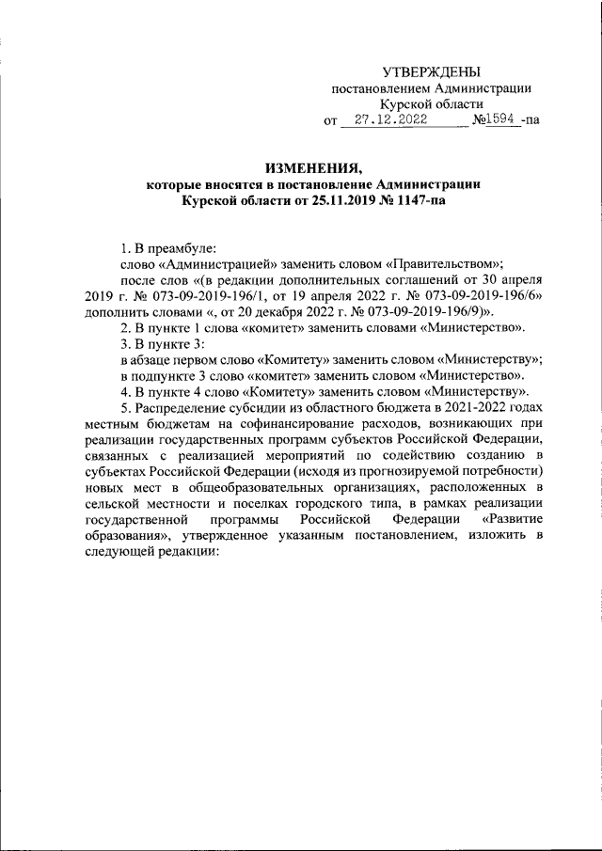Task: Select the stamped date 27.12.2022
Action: pos(384,120)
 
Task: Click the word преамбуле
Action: pos(182,248)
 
